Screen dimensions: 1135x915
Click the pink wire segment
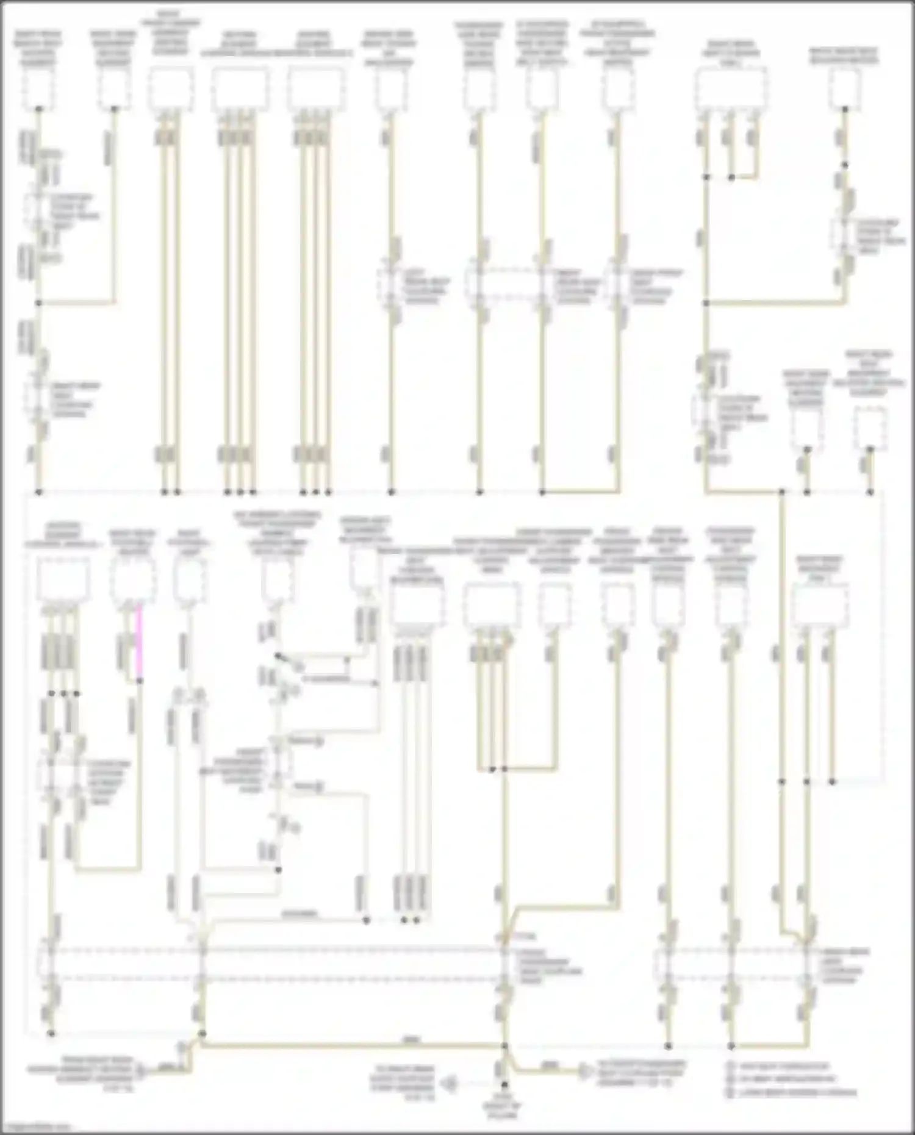[140, 640]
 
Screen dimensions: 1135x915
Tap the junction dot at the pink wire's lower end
[140, 681]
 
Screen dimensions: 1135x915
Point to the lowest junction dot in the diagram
[504, 1086]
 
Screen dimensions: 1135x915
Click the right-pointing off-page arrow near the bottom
[584, 1072]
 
